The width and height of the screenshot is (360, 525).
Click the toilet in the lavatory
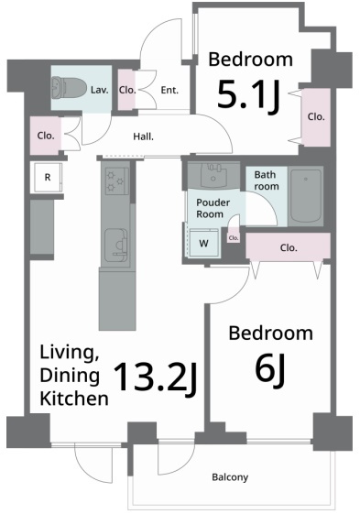tap(69, 88)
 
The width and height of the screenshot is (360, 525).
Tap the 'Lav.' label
tap(100, 90)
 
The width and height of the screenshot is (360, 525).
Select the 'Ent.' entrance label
tap(169, 90)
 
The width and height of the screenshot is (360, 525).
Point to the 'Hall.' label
tap(143, 137)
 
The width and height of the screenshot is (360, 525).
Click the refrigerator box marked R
tap(48, 177)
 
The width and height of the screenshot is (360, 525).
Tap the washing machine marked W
tap(203, 243)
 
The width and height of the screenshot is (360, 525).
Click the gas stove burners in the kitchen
tap(117, 180)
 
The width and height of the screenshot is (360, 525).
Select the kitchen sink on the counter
tap(116, 246)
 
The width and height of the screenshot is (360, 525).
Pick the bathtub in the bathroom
tap(305, 196)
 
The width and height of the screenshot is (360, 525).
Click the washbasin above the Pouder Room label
tap(213, 175)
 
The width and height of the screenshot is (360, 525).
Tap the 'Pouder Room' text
tap(213, 208)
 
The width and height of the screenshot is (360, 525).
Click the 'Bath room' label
tap(267, 180)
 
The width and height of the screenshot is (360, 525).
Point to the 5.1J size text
tap(248, 96)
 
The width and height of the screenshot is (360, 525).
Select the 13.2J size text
tap(155, 377)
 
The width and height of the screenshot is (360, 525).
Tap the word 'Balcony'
tap(230, 476)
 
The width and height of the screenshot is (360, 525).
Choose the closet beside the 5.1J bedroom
tap(316, 117)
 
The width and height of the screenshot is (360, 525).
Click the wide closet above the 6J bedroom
tap(289, 246)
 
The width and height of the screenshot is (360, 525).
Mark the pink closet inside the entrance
tap(127, 90)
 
